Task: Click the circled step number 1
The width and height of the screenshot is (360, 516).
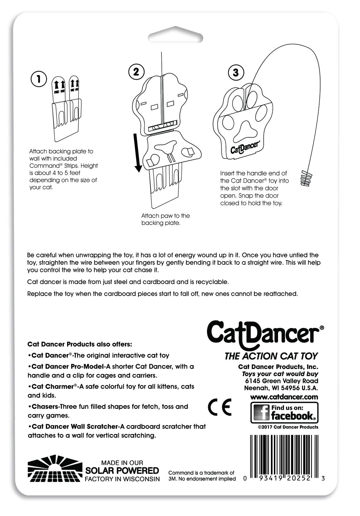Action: pos(38,79)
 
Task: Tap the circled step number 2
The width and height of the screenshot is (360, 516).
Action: pos(136,72)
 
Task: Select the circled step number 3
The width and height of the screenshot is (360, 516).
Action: pos(236,73)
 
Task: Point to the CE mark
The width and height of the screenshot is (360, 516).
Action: pos(219,407)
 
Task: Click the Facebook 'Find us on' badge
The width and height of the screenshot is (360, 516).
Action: pos(284,412)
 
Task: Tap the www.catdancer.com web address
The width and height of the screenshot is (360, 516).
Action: pos(284,397)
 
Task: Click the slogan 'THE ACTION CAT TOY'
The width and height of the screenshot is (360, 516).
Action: pos(271,356)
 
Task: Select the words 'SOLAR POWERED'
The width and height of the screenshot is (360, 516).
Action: pos(122,470)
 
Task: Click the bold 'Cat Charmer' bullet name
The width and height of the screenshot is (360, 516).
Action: pos(52,387)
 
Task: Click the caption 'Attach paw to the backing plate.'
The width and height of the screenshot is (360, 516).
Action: pos(165,219)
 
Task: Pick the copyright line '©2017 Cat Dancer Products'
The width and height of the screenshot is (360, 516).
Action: pos(288,427)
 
